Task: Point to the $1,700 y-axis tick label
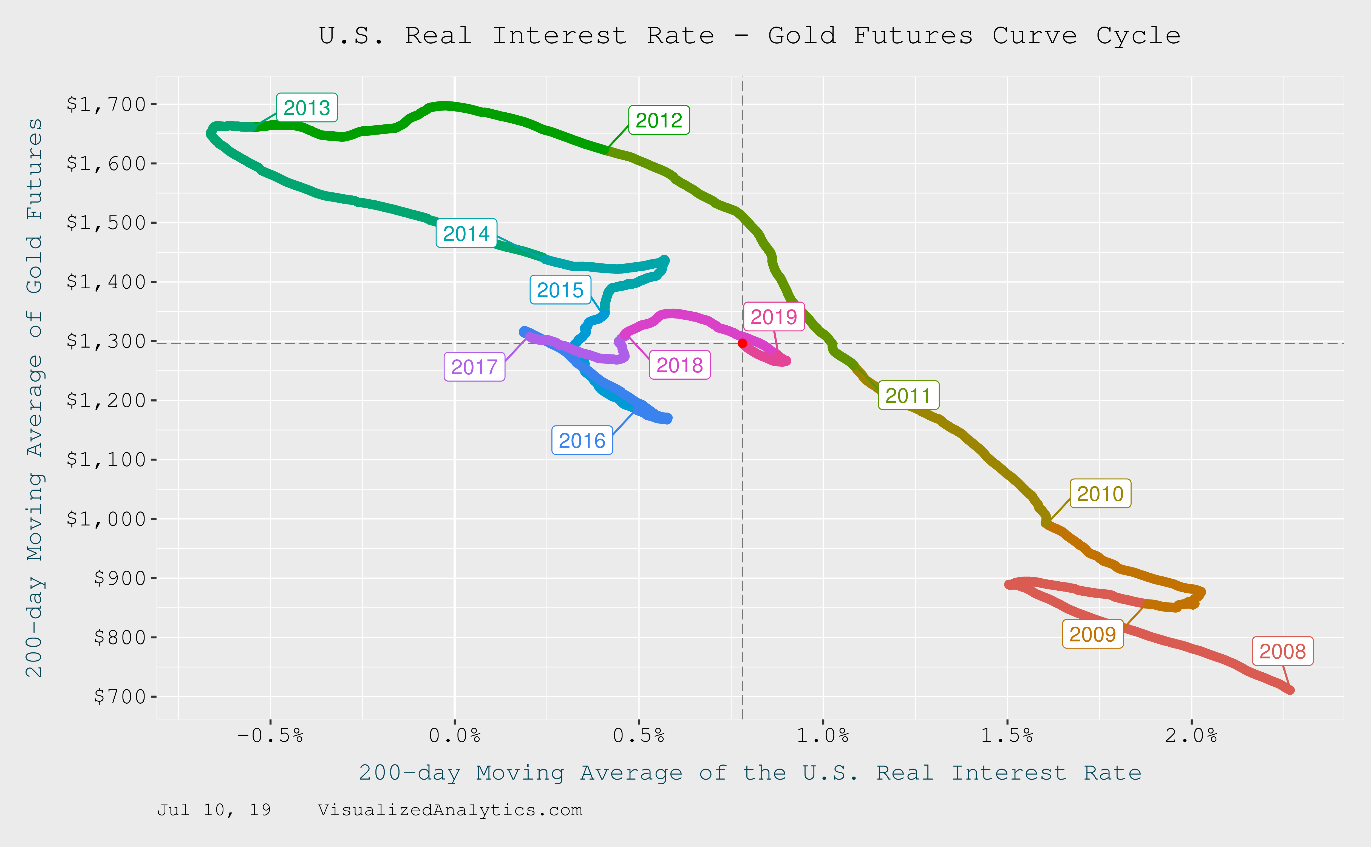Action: [x=106, y=104]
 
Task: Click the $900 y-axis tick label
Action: [x=120, y=578]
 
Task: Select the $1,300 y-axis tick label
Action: [x=106, y=341]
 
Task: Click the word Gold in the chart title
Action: [x=802, y=36]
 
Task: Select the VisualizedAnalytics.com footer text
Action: [x=450, y=810]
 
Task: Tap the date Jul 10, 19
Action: [x=214, y=810]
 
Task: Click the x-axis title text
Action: [x=750, y=773]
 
